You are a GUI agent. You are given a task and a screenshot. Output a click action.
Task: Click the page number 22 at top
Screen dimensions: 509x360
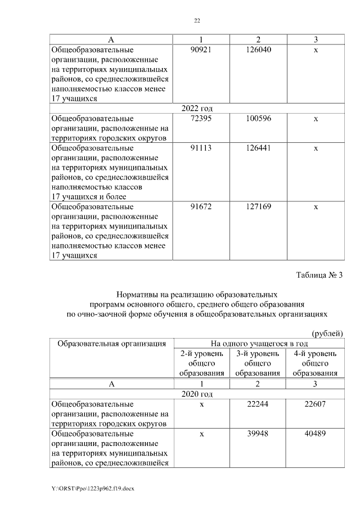(x=197, y=21)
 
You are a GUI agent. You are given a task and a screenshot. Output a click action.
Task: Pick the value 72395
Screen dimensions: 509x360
(x=202, y=119)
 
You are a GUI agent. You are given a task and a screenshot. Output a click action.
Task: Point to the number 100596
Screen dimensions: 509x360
(x=258, y=119)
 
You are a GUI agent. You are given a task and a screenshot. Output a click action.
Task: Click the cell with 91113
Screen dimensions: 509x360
(x=202, y=148)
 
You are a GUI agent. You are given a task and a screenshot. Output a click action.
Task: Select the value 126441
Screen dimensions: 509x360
(x=258, y=148)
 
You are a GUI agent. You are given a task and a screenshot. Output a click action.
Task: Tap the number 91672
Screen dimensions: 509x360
(x=202, y=207)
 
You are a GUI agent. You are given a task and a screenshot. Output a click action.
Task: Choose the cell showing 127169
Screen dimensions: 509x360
(x=258, y=207)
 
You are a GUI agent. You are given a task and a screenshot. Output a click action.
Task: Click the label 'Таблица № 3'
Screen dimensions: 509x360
(x=319, y=275)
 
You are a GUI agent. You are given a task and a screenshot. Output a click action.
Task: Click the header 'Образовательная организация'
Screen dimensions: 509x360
(x=109, y=343)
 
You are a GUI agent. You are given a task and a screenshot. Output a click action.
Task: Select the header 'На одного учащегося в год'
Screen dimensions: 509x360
(x=258, y=343)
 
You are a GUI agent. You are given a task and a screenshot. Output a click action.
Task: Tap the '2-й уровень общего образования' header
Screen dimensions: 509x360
(x=202, y=363)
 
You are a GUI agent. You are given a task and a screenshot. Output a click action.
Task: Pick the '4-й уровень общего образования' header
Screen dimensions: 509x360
(x=315, y=363)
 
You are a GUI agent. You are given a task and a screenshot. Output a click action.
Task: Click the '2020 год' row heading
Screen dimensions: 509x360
(x=197, y=394)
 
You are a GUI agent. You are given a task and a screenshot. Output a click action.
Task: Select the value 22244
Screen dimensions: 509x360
(x=258, y=404)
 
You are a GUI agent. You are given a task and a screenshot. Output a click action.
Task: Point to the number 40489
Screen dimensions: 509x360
(x=315, y=433)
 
